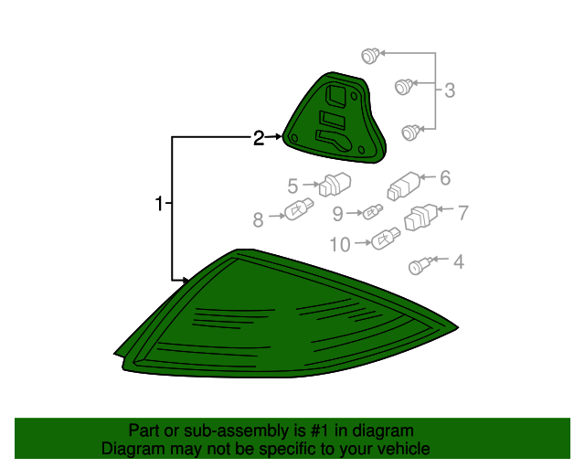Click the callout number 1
(x=159, y=204)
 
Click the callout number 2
(x=259, y=138)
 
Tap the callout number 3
(x=450, y=90)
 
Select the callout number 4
(x=459, y=262)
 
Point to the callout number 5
(x=292, y=186)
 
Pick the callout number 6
(x=445, y=178)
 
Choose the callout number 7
(x=463, y=213)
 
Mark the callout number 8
(x=258, y=219)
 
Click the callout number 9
(x=337, y=214)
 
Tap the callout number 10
(x=340, y=245)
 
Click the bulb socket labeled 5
(x=335, y=185)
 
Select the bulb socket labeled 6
(x=404, y=186)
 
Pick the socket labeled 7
(x=420, y=217)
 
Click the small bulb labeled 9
(x=373, y=212)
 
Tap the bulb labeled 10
(x=386, y=238)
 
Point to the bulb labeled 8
(x=299, y=209)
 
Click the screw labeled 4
(x=420, y=265)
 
